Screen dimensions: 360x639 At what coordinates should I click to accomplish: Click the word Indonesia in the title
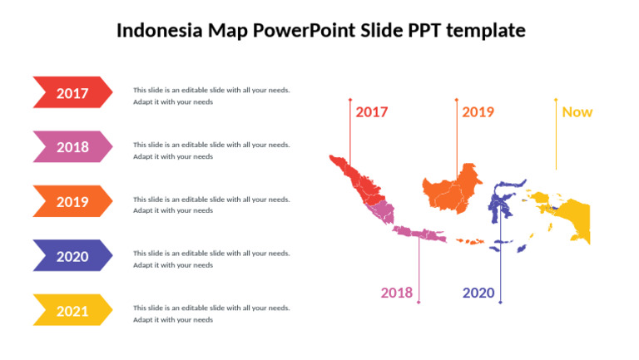pyautogui.click(x=154, y=32)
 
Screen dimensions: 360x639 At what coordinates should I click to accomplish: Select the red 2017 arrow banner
pyautogui.click(x=72, y=93)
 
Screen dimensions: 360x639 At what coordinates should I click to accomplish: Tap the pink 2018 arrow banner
pyautogui.click(x=72, y=147)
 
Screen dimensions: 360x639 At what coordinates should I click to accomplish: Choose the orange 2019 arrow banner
pyautogui.click(x=72, y=201)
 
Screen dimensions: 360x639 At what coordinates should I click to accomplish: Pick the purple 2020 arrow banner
pyautogui.click(x=72, y=256)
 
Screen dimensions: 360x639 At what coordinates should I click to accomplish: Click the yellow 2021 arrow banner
pyautogui.click(x=72, y=311)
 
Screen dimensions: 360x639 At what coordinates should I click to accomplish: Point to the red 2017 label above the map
pyautogui.click(x=372, y=112)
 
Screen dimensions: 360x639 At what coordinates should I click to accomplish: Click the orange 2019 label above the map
pyautogui.click(x=478, y=112)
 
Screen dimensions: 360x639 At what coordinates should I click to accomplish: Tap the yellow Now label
pyautogui.click(x=577, y=112)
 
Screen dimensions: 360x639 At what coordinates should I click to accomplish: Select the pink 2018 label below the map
pyautogui.click(x=397, y=293)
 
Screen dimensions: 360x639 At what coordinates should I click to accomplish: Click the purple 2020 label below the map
pyautogui.click(x=478, y=293)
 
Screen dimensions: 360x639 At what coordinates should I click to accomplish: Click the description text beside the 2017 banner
pyautogui.click(x=211, y=96)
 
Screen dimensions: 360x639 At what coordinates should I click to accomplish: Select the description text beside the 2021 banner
pyautogui.click(x=211, y=313)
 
